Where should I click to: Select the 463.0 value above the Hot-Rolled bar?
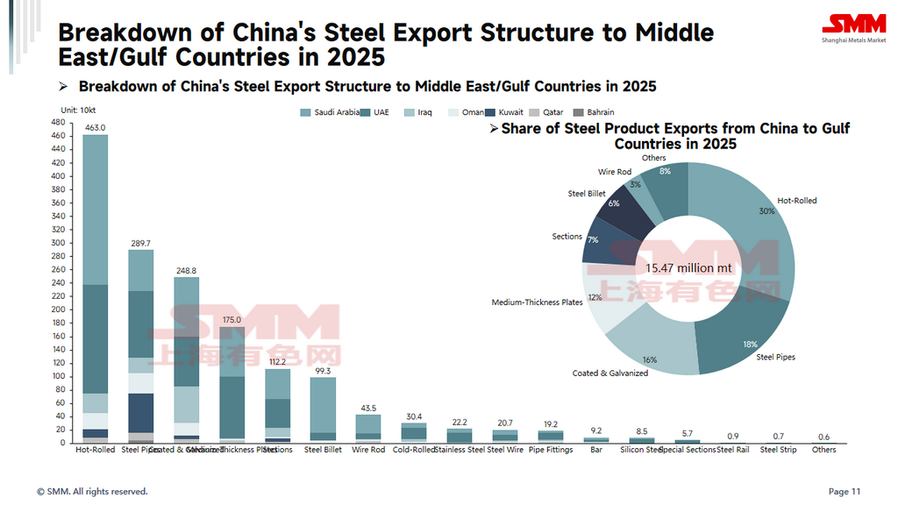click(x=95, y=128)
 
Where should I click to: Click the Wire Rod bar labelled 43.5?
click(x=368, y=427)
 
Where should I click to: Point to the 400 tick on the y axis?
click(x=58, y=176)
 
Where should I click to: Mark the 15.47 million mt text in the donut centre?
click(x=688, y=267)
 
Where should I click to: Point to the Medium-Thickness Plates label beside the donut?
click(x=537, y=302)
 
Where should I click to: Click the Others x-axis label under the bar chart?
click(x=823, y=450)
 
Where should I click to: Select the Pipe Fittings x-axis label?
click(x=551, y=450)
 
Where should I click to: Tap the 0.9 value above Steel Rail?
click(x=733, y=436)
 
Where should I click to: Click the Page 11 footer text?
click(x=845, y=492)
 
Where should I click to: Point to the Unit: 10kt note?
click(x=79, y=109)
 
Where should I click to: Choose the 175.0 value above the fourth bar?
click(x=232, y=321)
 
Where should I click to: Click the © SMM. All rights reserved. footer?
click(x=92, y=492)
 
